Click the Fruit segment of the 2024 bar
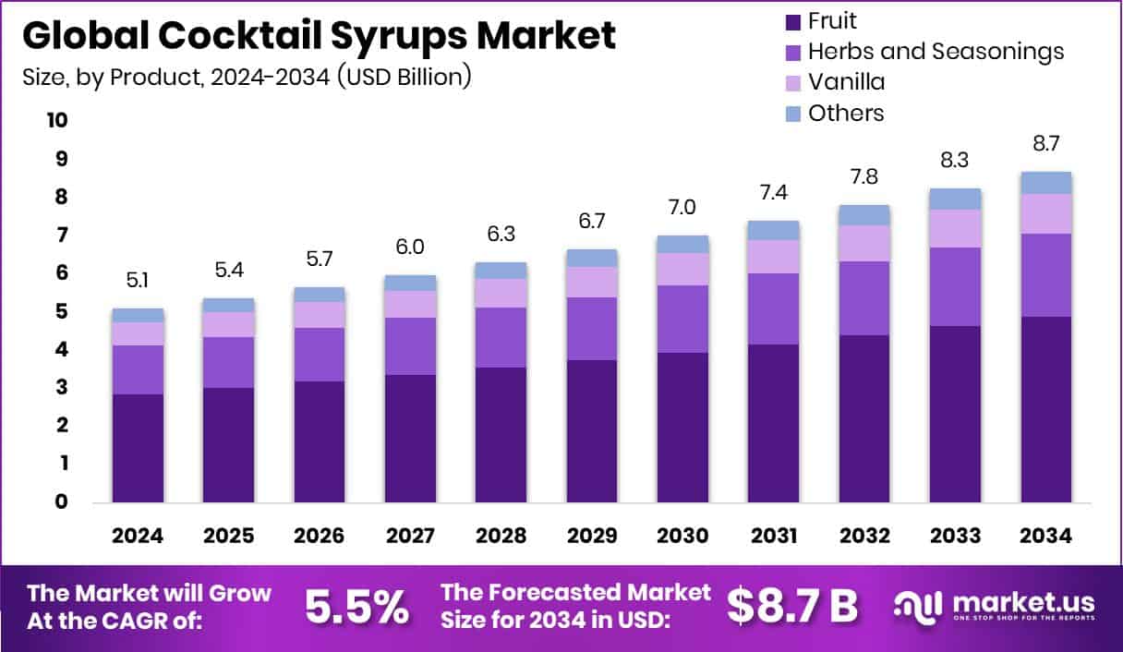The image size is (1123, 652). tap(138, 448)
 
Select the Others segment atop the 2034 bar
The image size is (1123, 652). tap(1046, 182)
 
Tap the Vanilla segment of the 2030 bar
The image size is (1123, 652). tap(682, 269)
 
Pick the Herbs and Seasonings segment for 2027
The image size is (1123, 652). tap(410, 346)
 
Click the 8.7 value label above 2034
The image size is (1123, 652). tap(1046, 145)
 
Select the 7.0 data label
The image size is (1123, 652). tap(682, 209)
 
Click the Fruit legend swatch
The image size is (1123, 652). tap(791, 21)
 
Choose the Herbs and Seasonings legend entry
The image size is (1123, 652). tap(935, 52)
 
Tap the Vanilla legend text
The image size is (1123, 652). tap(845, 82)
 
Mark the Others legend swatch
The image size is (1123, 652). tap(791, 114)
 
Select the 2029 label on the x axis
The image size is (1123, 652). tap(592, 536)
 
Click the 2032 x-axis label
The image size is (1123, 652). tap(864, 536)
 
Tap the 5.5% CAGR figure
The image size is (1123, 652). tap(356, 607)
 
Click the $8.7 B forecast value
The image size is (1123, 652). tap(791, 607)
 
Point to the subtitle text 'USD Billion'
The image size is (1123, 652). tap(405, 77)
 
